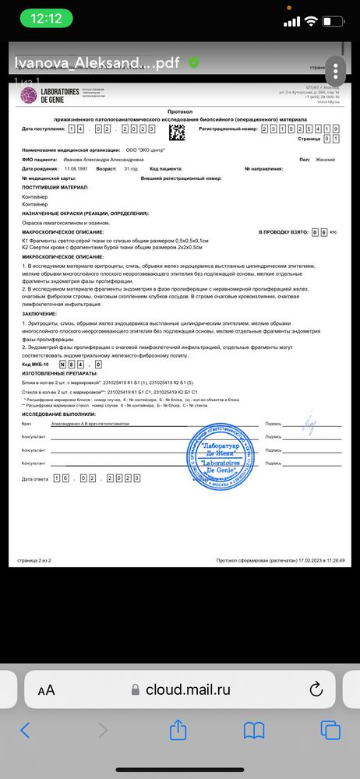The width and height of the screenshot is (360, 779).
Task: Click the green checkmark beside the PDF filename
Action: (x=193, y=62)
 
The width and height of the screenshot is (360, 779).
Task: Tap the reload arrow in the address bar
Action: (x=316, y=689)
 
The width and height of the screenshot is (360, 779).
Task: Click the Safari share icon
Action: (x=178, y=730)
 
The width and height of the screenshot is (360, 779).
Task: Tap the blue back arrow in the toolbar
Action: (x=25, y=731)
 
